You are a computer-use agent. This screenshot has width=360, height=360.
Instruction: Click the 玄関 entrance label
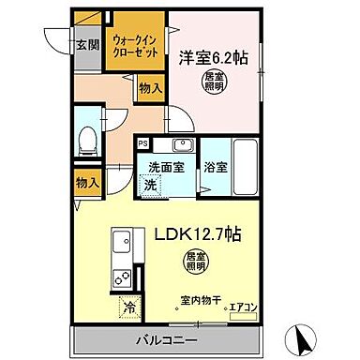[86, 43]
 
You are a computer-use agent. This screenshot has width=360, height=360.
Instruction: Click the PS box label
[143, 143]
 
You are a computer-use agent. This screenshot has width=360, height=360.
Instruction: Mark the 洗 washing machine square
[151, 185]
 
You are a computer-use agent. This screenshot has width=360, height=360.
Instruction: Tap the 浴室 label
[216, 169]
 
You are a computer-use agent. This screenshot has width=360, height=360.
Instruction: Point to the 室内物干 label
[198, 302]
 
